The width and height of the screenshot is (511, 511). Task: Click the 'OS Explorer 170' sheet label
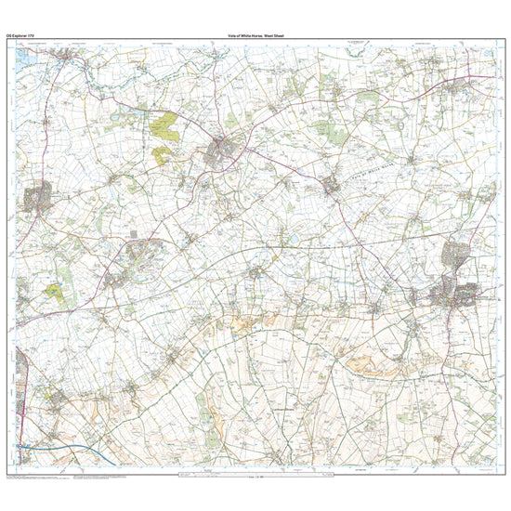tap(21, 36)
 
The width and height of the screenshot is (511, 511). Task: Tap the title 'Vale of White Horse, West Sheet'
tap(255, 36)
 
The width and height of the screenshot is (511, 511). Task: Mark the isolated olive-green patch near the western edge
tap(55, 293)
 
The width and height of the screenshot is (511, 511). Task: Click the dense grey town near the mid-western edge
tap(38, 198)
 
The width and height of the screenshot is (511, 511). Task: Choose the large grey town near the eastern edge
tap(454, 295)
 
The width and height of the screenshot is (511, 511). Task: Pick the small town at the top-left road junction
tap(65, 59)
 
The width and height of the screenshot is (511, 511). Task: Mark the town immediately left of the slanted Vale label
tap(332, 185)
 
